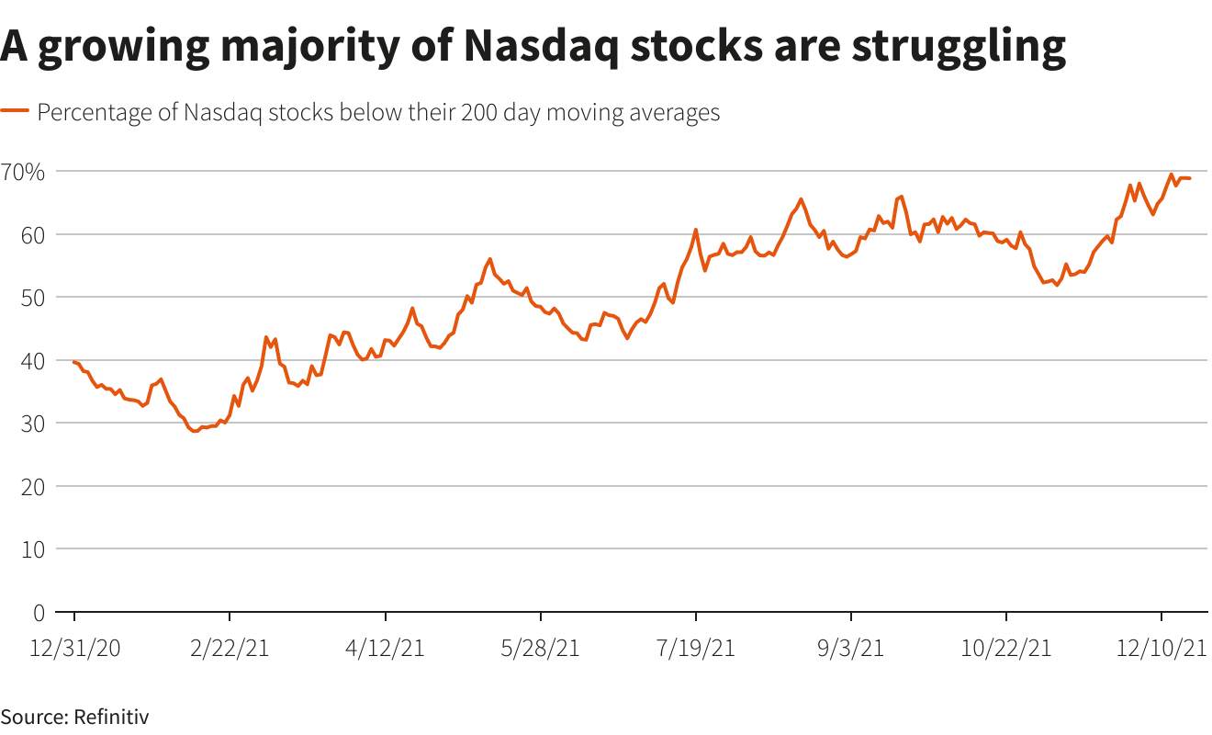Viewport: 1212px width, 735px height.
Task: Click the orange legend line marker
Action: point(15,112)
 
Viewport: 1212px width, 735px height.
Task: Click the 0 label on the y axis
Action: point(39,612)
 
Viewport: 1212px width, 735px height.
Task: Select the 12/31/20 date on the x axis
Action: point(74,648)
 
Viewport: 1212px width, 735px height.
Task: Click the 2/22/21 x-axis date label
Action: point(230,648)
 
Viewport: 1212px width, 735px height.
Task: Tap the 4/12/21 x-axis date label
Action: point(385,648)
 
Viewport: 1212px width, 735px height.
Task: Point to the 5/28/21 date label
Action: point(541,648)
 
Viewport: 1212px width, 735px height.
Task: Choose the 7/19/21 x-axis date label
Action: point(696,648)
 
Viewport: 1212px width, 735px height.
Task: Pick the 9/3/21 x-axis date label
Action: point(851,648)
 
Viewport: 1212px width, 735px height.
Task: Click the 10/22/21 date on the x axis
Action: point(1006,648)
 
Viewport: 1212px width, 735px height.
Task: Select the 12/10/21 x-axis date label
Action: point(1161,648)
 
